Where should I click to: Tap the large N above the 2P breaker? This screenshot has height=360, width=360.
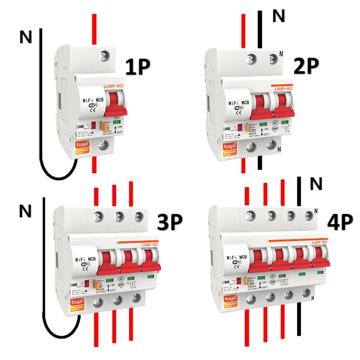point(279,17)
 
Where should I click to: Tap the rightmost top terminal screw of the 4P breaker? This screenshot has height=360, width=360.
point(308,215)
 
